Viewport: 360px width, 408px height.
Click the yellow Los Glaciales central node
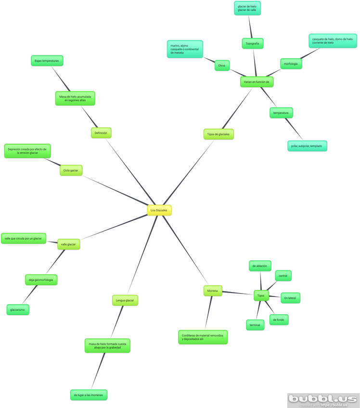pos(159,210)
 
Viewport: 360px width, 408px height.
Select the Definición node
pos(101,133)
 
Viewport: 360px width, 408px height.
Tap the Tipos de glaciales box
pos(218,134)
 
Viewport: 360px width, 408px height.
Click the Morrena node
pos(212,291)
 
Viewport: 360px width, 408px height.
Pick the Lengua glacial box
pos(125,300)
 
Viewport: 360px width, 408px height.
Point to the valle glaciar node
pos(69,244)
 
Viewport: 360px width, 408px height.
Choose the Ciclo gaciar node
pos(71,170)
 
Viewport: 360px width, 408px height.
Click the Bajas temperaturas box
pos(46,61)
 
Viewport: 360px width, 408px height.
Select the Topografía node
pos(252,44)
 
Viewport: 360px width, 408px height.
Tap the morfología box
pos(291,64)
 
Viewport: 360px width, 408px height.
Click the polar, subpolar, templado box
pos(307,146)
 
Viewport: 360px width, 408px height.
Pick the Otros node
pos(222,65)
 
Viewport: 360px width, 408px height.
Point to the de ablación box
pos(260,266)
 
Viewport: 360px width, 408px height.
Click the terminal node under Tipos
pos(255,325)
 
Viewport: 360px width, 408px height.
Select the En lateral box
pos(290,298)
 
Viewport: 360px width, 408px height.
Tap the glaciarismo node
pos(18,310)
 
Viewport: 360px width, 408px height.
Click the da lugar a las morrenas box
pos(89,395)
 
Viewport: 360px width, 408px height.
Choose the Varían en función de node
pos(257,82)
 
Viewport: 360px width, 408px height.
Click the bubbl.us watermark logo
pos(323,399)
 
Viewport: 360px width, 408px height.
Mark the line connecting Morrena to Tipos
pos(238,293)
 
